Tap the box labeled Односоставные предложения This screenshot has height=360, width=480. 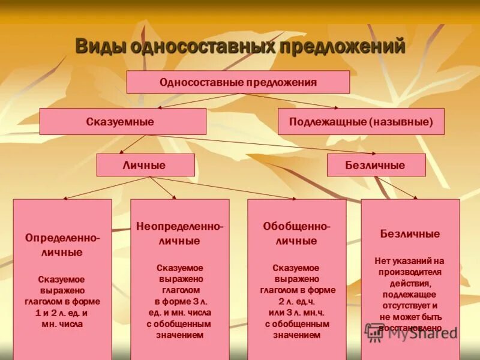click(x=238, y=82)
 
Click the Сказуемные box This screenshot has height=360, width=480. click(x=122, y=121)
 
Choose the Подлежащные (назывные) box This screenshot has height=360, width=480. click(x=361, y=121)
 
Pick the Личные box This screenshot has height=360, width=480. click(x=145, y=165)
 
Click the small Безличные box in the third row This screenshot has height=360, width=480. click(x=376, y=165)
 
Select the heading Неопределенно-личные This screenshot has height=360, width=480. click(x=179, y=234)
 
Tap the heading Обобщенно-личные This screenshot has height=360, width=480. click(x=296, y=234)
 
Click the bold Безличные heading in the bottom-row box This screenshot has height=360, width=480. click(x=410, y=234)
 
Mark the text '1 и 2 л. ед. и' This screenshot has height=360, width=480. click(x=62, y=313)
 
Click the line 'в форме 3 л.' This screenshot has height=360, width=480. click(x=179, y=302)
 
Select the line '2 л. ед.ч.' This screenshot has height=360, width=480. click(x=296, y=302)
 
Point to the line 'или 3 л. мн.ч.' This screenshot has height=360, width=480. click(x=296, y=313)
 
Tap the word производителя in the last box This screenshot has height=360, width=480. click(x=410, y=272)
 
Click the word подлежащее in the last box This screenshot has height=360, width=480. click(x=410, y=295)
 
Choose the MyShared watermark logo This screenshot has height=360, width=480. click(x=412, y=333)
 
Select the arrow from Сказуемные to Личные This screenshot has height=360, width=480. click(x=133, y=144)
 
